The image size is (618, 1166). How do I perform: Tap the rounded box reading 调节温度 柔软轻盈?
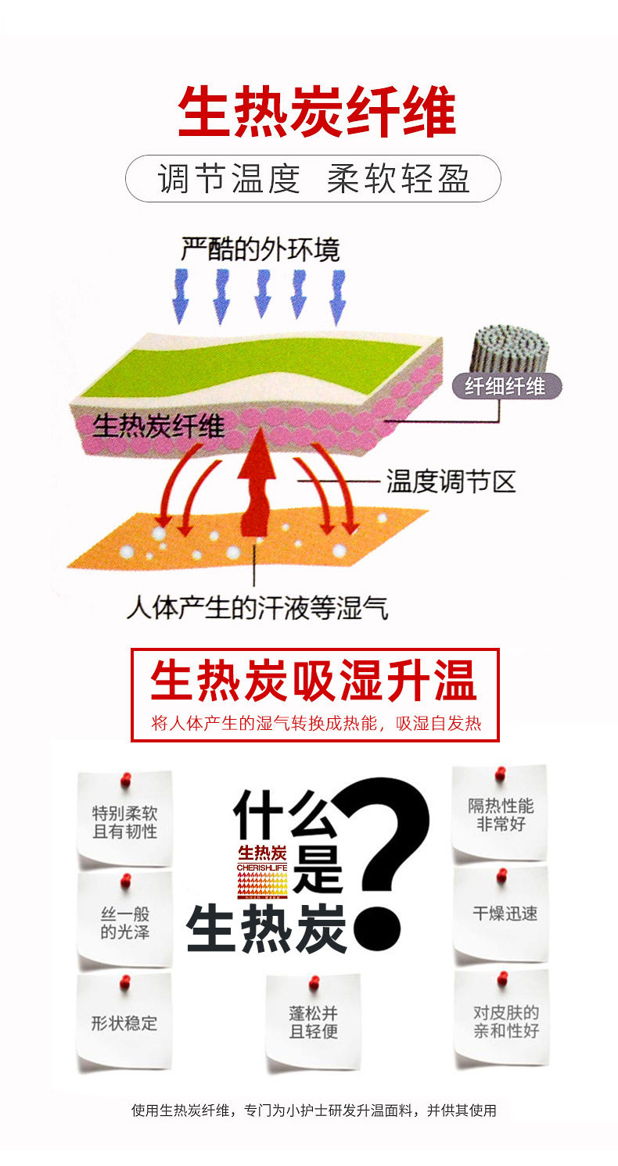tap(313, 179)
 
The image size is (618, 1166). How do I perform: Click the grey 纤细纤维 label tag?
tap(505, 385)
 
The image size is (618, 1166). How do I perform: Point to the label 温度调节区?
tap(451, 481)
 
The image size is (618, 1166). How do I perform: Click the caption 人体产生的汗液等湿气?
tap(257, 606)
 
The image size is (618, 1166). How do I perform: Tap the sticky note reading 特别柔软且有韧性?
tap(125, 821)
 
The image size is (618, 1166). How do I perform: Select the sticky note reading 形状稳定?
tap(124, 1022)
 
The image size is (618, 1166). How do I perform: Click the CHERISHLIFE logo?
tap(263, 871)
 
